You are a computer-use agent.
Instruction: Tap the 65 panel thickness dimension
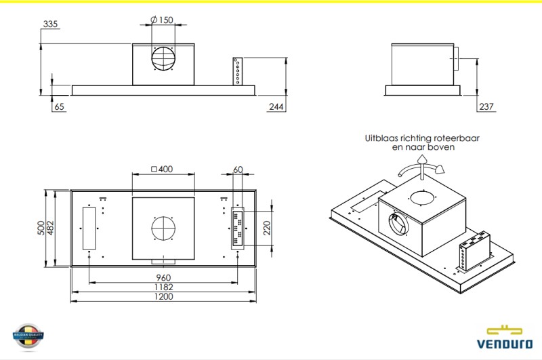point(59,106)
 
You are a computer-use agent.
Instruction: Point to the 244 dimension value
point(276,106)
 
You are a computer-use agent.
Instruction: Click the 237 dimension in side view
point(486,106)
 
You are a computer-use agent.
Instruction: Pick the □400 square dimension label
point(162,169)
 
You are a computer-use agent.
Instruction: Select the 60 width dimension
point(238,169)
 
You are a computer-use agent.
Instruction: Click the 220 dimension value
point(267,227)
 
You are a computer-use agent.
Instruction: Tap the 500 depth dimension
point(40,228)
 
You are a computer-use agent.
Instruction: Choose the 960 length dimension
point(163,277)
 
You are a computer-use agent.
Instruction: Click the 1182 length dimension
point(163,287)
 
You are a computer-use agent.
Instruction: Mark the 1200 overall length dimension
point(163,296)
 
